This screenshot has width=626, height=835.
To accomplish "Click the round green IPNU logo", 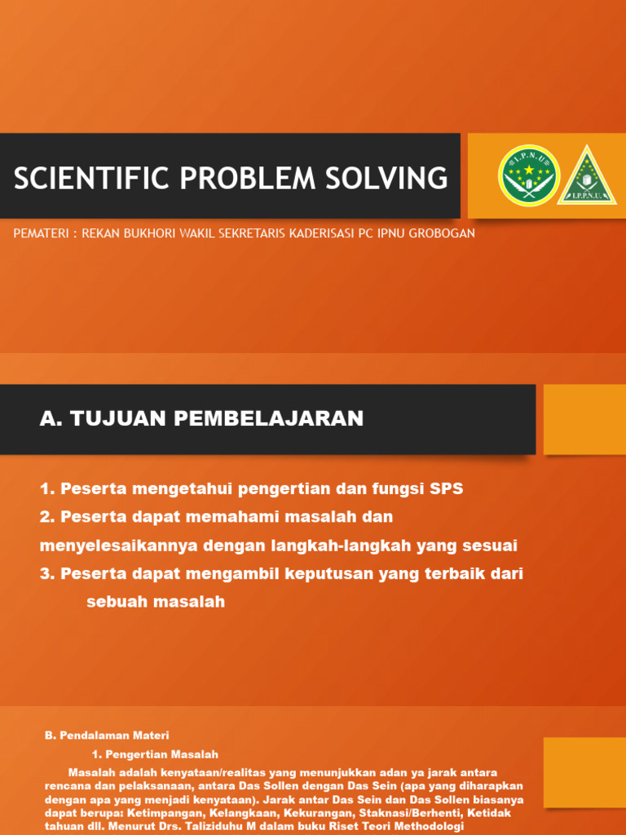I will point(528,175).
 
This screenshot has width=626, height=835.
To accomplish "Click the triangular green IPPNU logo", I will point(587,175).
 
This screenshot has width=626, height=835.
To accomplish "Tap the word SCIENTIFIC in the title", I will point(76,177).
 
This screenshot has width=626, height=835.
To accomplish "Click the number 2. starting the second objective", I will point(47,517).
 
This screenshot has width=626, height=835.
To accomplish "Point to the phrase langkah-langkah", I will point(332,546).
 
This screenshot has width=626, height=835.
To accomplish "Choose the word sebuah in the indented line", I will point(112,602).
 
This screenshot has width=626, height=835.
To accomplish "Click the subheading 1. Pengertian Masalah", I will point(155,754).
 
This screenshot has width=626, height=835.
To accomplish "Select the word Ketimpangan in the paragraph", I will point(166,814).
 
